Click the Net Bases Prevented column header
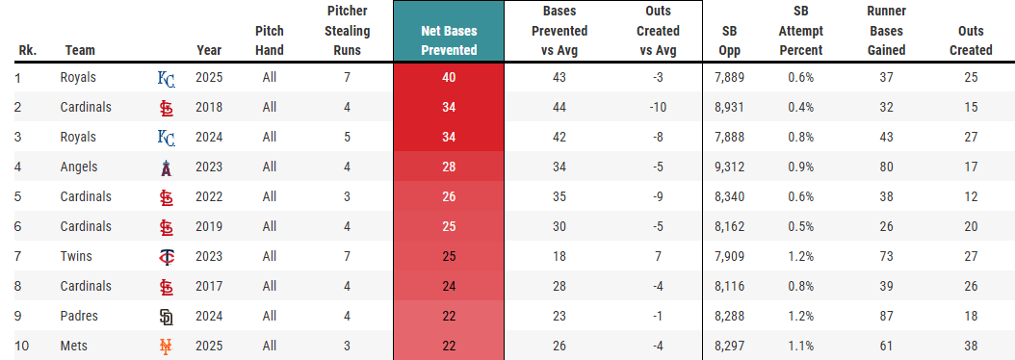pyautogui.click(x=449, y=40)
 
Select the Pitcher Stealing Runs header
pyautogui.click(x=347, y=31)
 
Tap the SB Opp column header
pyautogui.click(x=730, y=40)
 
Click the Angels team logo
pyautogui.click(x=167, y=167)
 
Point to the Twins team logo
pyautogui.click(x=167, y=256)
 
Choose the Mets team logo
pyautogui.click(x=167, y=346)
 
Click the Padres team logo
pyautogui.click(x=167, y=316)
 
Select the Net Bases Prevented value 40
pyautogui.click(x=449, y=77)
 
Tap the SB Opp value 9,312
pyautogui.click(x=730, y=167)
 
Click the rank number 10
pyautogui.click(x=21, y=346)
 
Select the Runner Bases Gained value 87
pyautogui.click(x=887, y=316)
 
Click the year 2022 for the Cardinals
pyautogui.click(x=209, y=196)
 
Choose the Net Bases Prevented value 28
pyautogui.click(x=449, y=167)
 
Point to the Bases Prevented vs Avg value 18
pyautogui.click(x=560, y=256)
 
